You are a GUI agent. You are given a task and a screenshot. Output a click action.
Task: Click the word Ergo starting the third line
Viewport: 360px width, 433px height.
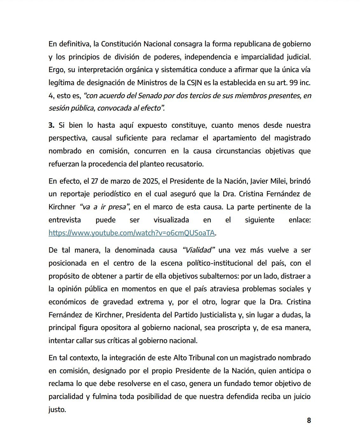(56, 70)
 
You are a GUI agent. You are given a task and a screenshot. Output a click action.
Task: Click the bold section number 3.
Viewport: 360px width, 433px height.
(51, 125)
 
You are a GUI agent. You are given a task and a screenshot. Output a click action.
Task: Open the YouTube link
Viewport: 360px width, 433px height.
(132, 233)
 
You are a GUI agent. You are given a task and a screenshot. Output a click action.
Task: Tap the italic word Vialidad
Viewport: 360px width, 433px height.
(198, 250)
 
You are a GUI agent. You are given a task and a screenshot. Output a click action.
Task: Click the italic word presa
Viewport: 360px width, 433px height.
(117, 207)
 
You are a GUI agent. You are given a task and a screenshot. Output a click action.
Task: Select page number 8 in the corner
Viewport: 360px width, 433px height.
(309, 420)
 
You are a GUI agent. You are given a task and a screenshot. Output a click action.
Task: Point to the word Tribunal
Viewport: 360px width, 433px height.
(201, 358)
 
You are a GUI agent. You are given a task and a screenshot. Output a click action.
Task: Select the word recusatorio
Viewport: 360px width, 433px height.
(185, 164)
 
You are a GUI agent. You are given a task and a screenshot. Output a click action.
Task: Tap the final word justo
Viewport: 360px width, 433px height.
(57, 410)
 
